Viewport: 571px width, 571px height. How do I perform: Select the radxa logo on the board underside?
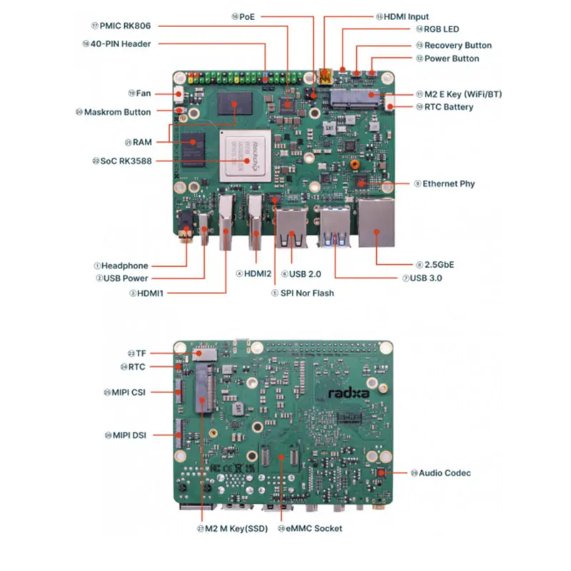click(x=355, y=390)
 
